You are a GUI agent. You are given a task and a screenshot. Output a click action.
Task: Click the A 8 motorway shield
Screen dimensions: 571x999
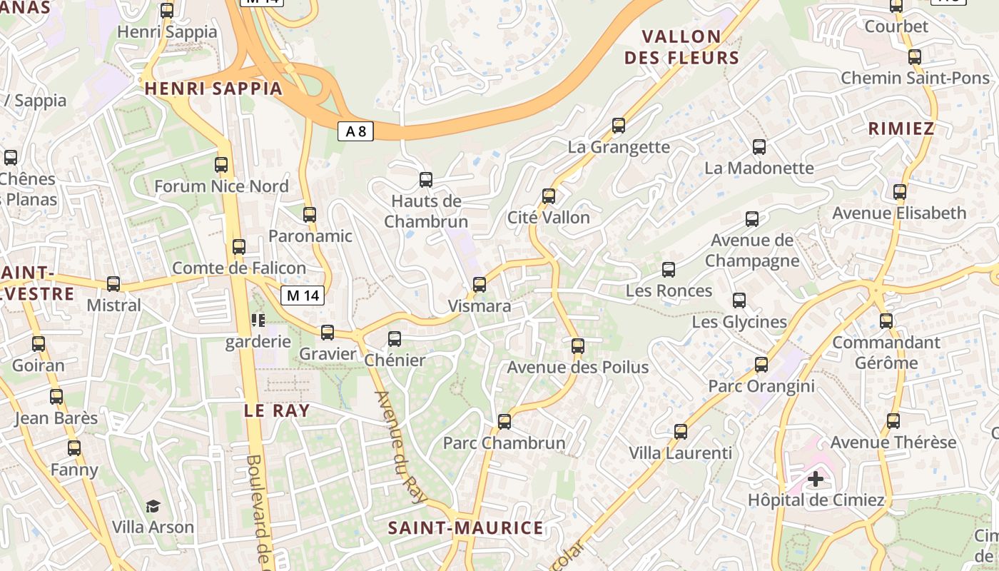coord(355,131)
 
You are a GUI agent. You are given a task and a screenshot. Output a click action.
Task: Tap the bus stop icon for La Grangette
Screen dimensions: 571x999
coord(619,126)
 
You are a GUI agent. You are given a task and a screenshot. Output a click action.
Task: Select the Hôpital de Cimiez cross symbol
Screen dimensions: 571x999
coord(816,478)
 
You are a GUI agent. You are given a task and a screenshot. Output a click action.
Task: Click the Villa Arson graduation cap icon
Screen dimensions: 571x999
coord(153,507)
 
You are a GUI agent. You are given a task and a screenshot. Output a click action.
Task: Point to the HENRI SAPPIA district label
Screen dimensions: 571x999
coord(213,89)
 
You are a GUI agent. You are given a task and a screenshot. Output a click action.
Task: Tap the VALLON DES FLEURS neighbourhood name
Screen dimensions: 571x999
coord(681,47)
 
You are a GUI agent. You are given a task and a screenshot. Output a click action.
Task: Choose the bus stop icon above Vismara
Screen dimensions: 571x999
coord(480,285)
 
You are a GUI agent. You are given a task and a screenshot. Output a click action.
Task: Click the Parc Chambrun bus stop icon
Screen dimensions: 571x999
coord(504,422)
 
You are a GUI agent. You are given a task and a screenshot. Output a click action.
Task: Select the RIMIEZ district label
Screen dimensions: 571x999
coord(901,128)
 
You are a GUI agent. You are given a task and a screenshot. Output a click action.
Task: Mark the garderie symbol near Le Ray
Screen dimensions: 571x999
coord(257,320)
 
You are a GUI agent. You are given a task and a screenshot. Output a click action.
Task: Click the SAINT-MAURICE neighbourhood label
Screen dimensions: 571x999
coord(465,528)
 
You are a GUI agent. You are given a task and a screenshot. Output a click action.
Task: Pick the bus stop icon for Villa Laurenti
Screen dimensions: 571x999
coord(681,432)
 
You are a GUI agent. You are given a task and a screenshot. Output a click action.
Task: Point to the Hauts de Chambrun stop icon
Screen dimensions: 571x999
coord(426,179)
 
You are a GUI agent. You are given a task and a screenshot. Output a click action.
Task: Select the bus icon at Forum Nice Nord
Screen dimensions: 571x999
coord(221,165)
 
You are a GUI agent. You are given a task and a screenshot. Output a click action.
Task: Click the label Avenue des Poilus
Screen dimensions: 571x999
coord(577,368)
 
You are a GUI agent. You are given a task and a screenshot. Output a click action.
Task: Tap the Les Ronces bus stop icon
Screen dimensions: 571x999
coord(669,270)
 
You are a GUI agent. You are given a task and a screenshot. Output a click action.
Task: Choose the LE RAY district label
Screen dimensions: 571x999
coord(277,410)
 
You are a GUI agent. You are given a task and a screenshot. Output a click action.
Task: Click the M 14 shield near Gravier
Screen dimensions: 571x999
coord(303,295)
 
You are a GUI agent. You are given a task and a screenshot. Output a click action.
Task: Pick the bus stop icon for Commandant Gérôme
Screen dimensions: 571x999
coord(886,321)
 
